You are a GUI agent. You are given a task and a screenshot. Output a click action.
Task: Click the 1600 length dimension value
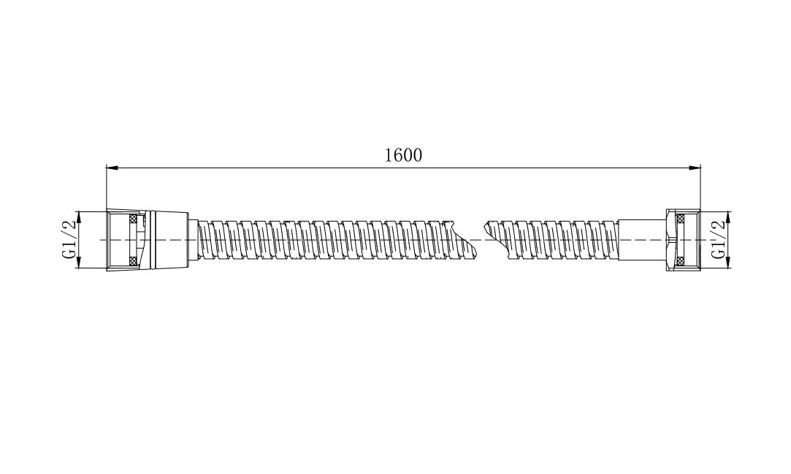(x=403, y=155)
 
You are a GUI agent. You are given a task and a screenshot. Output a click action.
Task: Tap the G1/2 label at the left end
(x=69, y=239)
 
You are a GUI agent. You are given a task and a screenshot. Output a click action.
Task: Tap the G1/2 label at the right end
(x=719, y=239)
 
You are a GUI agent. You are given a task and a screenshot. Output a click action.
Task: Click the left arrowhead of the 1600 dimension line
(x=112, y=167)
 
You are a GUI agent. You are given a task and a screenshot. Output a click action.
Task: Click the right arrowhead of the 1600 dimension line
(x=695, y=167)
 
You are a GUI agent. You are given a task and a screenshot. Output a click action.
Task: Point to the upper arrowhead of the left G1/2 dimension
(x=79, y=217)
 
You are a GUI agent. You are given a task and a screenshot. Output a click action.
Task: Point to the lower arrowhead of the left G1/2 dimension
(x=79, y=262)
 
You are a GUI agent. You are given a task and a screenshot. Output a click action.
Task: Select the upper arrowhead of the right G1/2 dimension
(x=729, y=217)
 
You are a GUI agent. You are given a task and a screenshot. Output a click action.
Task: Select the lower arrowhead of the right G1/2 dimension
(x=729, y=262)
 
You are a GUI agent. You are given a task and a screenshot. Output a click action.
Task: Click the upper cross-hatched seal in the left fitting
(x=134, y=218)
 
